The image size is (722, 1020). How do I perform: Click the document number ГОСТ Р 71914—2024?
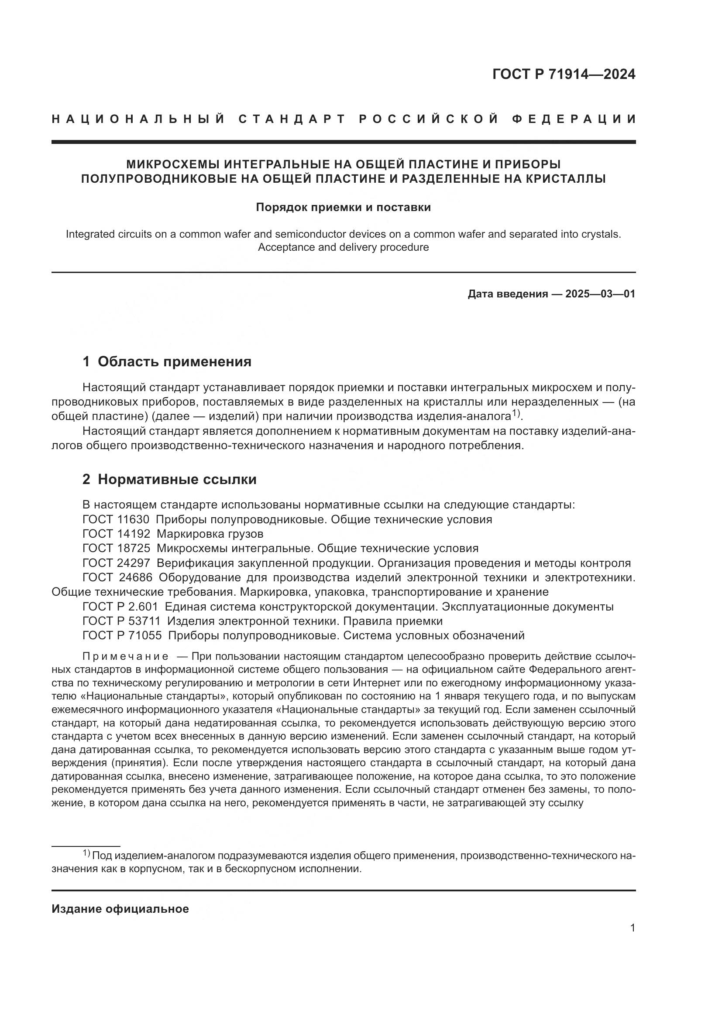tap(563, 74)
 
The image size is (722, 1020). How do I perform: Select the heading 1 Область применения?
tap(167, 362)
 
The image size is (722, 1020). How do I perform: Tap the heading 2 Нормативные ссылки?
tap(169, 479)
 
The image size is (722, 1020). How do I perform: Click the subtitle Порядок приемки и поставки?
tap(343, 208)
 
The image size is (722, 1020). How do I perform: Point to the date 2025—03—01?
tap(600, 293)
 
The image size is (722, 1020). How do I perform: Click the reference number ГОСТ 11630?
tap(116, 519)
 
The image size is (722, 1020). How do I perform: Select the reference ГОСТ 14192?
tap(116, 533)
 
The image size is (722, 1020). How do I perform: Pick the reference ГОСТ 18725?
tap(116, 548)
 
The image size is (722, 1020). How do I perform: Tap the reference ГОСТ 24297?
tap(116, 563)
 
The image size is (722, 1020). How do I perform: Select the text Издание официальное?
tap(120, 908)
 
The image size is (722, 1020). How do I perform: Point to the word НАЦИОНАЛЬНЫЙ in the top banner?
tap(138, 119)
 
